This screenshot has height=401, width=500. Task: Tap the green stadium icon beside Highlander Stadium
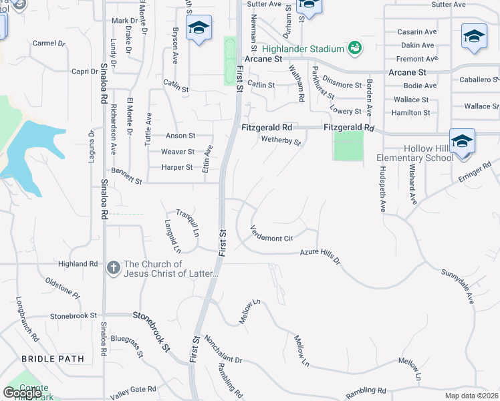tap(354, 48)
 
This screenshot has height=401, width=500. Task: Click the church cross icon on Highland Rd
tap(114, 269)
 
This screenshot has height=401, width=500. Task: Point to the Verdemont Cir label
tap(271, 234)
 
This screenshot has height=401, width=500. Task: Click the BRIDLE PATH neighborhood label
tap(53, 359)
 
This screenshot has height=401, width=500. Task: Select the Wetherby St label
tap(281, 140)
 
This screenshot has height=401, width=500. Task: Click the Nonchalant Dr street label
tap(223, 350)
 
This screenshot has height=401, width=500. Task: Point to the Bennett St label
tap(127, 177)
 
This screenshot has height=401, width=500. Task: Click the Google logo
tap(22, 392)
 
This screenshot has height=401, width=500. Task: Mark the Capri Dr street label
tap(85, 72)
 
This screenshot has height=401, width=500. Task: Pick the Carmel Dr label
tap(49, 43)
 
